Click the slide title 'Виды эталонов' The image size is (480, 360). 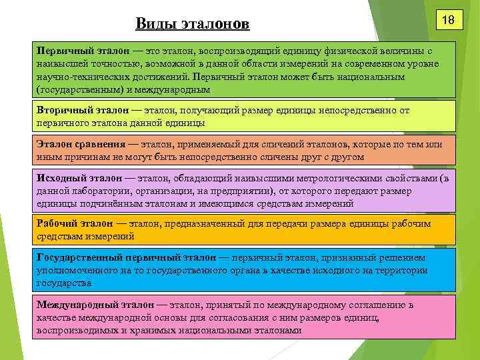point(192,24)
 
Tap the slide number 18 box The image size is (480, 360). point(449,21)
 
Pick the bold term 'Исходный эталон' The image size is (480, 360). point(77,179)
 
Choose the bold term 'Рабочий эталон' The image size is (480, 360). point(74,223)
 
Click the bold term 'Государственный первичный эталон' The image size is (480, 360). point(126,257)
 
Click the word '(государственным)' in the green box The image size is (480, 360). point(76,89)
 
